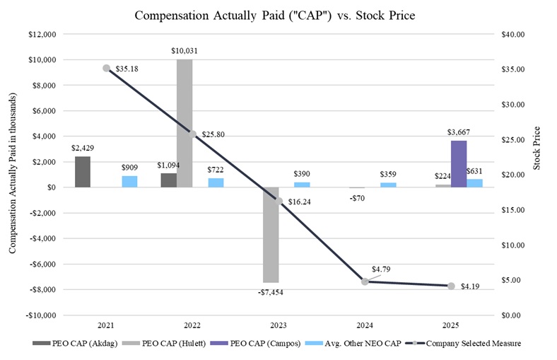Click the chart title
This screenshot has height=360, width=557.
pyautogui.click(x=278, y=15)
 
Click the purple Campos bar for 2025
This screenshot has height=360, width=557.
pyautogui.click(x=459, y=163)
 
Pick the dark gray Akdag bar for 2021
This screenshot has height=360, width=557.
pyautogui.click(x=83, y=172)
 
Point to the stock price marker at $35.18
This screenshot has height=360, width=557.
pyautogui.click(x=106, y=68)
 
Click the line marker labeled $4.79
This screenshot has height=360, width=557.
pyautogui.click(x=365, y=281)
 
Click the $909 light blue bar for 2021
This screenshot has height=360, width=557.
pyautogui.click(x=130, y=182)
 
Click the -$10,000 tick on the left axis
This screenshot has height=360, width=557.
pyautogui.click(x=40, y=315)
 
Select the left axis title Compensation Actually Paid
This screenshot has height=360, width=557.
pyautogui.click(x=13, y=174)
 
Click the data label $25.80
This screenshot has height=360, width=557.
pyautogui.click(x=212, y=134)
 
